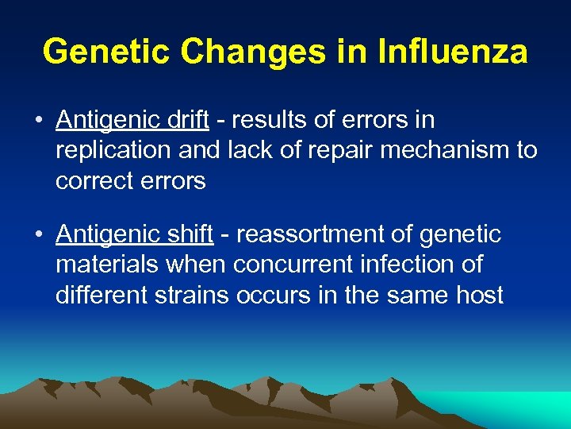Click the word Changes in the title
click(251, 52)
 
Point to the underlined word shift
click(190, 234)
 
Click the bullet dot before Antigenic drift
click(38, 121)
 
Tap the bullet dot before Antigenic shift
click(38, 235)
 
